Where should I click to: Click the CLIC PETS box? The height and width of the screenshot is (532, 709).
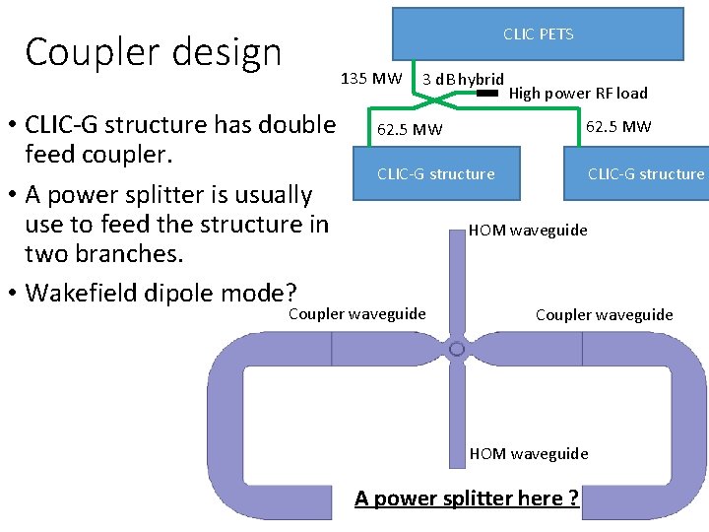pyautogui.click(x=538, y=33)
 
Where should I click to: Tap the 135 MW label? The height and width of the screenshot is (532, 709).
pyautogui.click(x=370, y=78)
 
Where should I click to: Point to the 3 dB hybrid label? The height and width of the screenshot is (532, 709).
pyautogui.click(x=463, y=79)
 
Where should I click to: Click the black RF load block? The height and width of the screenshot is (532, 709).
pyautogui.click(x=487, y=93)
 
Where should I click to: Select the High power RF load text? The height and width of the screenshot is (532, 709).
pyautogui.click(x=578, y=94)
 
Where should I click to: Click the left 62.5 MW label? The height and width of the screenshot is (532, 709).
pyautogui.click(x=410, y=129)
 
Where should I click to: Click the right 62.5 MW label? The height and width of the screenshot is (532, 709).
pyautogui.click(x=618, y=126)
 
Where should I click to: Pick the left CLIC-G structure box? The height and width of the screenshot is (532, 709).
pyautogui.click(x=436, y=174)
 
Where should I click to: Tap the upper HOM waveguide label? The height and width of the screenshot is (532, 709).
pyautogui.click(x=528, y=230)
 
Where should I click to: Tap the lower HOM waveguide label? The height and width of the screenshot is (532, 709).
pyautogui.click(x=529, y=453)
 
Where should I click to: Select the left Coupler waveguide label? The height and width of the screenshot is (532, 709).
pyautogui.click(x=356, y=313)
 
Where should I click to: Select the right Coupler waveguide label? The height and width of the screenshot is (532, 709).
pyautogui.click(x=604, y=314)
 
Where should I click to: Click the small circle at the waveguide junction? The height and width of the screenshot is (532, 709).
pyautogui.click(x=457, y=350)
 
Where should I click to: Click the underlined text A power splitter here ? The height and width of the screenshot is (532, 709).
pyautogui.click(x=467, y=498)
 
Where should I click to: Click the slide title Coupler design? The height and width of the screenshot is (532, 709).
pyautogui.click(x=154, y=52)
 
